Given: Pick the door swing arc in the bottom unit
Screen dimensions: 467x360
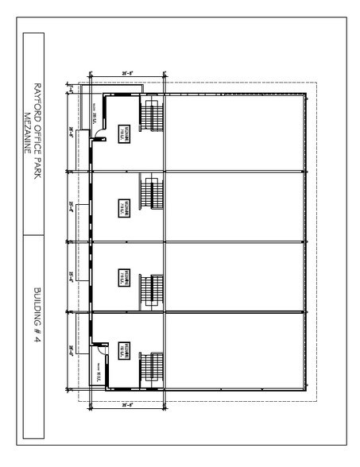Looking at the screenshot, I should click(102, 349).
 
